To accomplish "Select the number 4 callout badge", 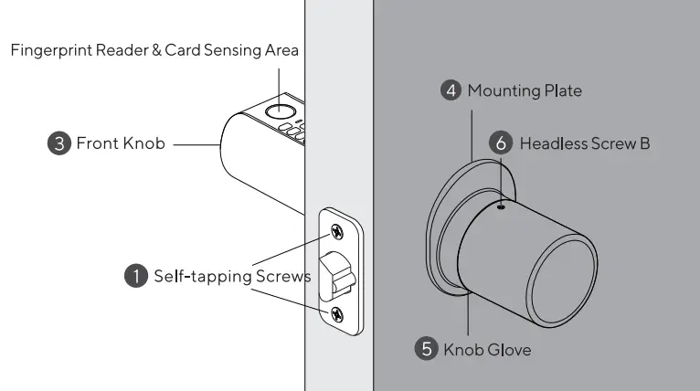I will (x=451, y=90).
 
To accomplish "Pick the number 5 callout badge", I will (x=427, y=349).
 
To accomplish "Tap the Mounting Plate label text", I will (x=525, y=90).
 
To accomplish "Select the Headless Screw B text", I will (x=585, y=143).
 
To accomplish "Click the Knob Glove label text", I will (x=487, y=349).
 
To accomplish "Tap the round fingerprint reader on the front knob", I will (x=274, y=112).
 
